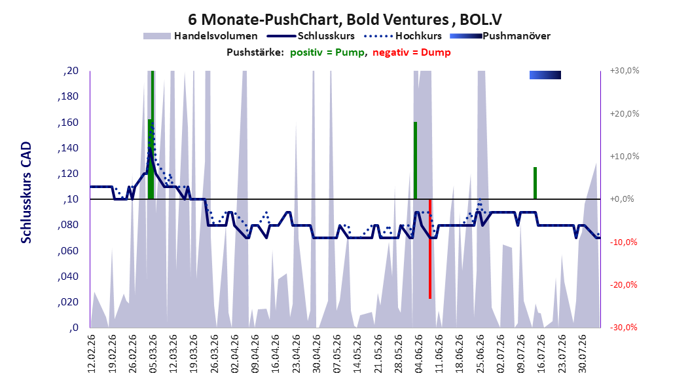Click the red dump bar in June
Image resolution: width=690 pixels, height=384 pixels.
point(430,249)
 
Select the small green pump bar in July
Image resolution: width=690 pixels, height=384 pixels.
point(535,183)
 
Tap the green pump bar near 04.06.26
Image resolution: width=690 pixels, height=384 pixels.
point(415,161)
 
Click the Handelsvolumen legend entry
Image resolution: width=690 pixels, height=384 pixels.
point(200,36)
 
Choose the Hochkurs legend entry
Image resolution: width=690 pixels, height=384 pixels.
point(403,36)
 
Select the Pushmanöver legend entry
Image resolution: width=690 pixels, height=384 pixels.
point(500,36)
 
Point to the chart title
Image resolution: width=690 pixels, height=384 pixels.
point(345,20)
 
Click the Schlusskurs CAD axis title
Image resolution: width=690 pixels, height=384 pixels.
point(26,193)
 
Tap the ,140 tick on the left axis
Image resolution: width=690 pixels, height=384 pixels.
point(68,148)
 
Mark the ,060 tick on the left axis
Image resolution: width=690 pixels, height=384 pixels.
point(68,251)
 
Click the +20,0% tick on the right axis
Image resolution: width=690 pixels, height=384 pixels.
point(625,113)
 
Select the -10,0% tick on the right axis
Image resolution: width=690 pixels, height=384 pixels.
point(623,242)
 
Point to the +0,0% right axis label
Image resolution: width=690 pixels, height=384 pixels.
point(622,199)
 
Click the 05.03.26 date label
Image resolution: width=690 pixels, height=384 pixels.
point(153,354)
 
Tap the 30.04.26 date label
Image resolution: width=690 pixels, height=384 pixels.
point(316,354)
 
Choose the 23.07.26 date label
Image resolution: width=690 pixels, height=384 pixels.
point(562,354)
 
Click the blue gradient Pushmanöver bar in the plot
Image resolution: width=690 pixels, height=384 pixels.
point(545,75)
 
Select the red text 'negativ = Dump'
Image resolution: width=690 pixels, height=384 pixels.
point(412,52)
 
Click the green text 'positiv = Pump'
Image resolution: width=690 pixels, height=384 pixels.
point(327,52)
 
